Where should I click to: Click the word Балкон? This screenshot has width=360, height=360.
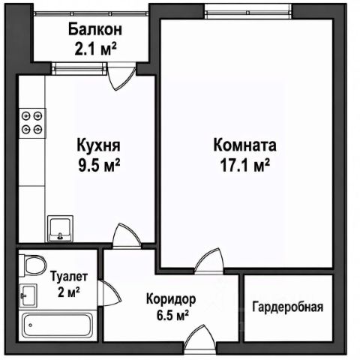(x=95, y=29)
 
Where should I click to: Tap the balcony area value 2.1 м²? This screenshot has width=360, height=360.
(x=95, y=49)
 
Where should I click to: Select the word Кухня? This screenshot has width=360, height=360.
(x=99, y=145)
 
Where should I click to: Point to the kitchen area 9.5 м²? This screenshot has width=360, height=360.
(x=99, y=165)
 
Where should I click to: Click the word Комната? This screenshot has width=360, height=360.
(x=244, y=145)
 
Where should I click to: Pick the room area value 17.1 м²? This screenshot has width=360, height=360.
(x=244, y=165)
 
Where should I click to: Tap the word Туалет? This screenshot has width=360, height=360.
(x=69, y=277)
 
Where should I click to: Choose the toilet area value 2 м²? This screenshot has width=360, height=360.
(x=69, y=292)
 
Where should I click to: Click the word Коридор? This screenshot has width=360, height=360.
(x=171, y=299)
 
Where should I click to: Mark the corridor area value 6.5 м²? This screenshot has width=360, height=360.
(x=172, y=316)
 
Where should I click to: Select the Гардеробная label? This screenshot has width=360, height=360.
(x=288, y=307)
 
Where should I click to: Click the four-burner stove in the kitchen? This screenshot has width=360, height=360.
(x=32, y=123)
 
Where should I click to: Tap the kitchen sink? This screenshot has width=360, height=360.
(x=60, y=229)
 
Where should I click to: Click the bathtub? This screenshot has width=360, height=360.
(x=58, y=326)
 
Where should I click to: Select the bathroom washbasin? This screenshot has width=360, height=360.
(x=28, y=295)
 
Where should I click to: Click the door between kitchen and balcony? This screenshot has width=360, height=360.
(x=122, y=76)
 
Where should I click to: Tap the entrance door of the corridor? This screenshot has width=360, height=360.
(x=200, y=339)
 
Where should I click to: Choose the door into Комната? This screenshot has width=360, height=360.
(x=209, y=261)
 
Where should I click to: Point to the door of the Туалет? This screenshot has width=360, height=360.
(x=109, y=293)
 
